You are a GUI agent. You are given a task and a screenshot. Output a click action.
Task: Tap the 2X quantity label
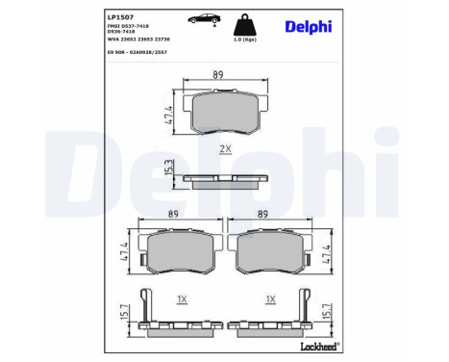[x=227, y=150]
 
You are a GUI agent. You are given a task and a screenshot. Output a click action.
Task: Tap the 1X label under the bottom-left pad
[x=181, y=299]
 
